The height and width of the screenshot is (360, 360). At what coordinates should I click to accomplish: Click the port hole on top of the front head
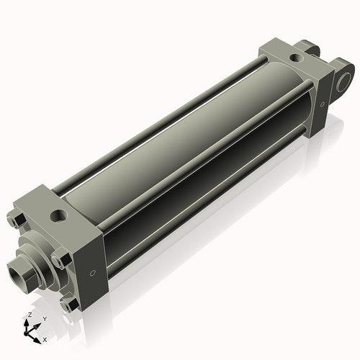click(57, 215)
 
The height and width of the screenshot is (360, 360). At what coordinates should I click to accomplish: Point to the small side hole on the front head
click(91, 274)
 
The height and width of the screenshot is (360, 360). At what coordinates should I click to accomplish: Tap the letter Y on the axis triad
click(44, 318)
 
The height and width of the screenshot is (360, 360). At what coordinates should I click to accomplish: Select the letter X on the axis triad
click(45, 338)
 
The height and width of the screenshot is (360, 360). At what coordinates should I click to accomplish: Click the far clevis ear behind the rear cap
click(311, 48)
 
